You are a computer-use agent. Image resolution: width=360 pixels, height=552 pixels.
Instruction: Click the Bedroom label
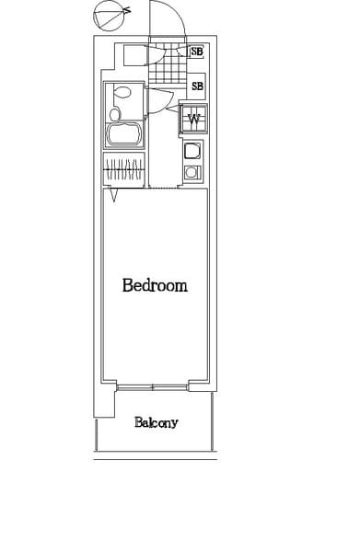[155, 285]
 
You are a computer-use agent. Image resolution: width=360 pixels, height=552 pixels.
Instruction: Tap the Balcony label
[156, 423]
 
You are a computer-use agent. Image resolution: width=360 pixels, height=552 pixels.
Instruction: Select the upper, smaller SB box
[196, 52]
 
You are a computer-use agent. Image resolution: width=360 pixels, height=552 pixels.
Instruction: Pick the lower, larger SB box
[197, 86]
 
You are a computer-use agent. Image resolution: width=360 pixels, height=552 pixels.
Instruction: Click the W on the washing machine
[194, 118]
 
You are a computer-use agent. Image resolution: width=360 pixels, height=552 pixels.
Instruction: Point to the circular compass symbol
[107, 15]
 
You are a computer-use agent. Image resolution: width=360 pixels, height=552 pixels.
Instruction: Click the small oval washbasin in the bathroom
[114, 114]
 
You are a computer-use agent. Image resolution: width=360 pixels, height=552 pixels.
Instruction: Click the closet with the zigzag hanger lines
[123, 169]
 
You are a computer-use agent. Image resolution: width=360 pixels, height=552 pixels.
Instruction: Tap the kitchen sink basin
[192, 152]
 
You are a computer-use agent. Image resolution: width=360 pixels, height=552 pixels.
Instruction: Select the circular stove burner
[192, 172]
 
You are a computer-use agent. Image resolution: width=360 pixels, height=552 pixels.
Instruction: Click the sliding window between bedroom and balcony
[153, 387]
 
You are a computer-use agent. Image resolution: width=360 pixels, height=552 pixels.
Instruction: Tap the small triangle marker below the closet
[113, 195]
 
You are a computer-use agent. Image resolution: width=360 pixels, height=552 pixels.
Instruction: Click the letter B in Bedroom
[127, 285]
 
